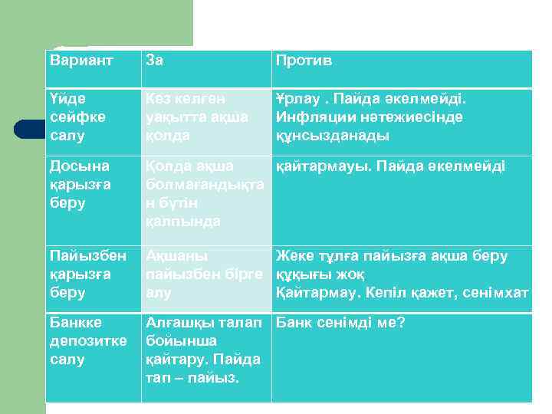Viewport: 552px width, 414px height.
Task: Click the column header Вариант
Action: tap(80, 60)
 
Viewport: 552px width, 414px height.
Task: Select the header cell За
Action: tap(155, 60)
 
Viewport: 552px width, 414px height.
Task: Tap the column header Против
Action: tap(304, 60)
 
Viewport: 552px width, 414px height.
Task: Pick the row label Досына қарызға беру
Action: tap(79, 184)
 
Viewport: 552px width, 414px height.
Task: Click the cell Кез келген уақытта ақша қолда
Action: tap(197, 117)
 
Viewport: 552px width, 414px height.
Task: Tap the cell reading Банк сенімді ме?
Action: tap(340, 322)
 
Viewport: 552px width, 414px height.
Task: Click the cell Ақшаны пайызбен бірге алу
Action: tap(204, 274)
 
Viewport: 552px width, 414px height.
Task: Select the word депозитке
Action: tap(81, 340)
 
